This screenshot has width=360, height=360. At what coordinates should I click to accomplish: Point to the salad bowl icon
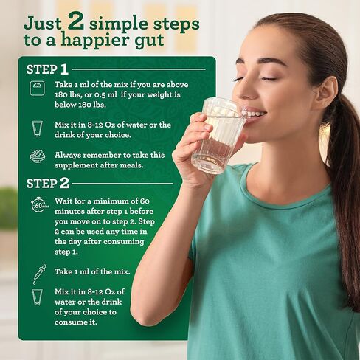pyautogui.click(x=37, y=156)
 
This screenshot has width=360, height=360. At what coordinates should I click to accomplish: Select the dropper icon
pyautogui.click(x=38, y=272)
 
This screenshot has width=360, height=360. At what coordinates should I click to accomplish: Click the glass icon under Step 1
pyautogui.click(x=37, y=129)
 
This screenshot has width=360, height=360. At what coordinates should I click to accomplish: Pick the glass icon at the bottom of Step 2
pyautogui.click(x=37, y=297)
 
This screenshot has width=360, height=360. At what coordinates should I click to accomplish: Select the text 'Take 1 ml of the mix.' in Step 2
pyautogui.click(x=91, y=271)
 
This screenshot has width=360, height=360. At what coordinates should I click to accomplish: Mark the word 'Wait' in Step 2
pyautogui.click(x=65, y=201)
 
